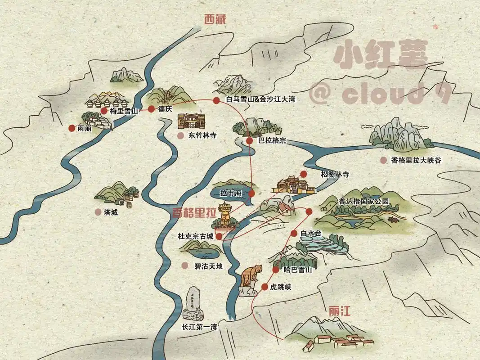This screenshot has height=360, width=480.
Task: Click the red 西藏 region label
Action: coord(214,19)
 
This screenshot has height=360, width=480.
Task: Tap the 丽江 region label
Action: coord(340,311)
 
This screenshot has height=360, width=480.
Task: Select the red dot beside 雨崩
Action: coord(72,128)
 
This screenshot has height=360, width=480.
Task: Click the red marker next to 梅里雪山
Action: coord(104,111)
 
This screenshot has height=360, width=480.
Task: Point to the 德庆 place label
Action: coord(165,109)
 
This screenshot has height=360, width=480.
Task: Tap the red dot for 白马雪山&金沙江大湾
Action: coord(216,100)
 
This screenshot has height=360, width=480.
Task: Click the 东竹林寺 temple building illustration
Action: coord(191,121)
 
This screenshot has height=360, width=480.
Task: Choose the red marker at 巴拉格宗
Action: coord(250,141)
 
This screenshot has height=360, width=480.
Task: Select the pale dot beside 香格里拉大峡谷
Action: coord(383,160)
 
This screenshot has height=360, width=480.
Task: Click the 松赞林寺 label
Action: coord(335,174)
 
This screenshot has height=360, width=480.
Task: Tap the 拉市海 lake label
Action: coord(231,193)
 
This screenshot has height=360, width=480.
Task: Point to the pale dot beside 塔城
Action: coord(98,212)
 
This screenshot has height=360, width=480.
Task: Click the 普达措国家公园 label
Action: coord(363,201)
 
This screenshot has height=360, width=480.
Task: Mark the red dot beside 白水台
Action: coord(294,233)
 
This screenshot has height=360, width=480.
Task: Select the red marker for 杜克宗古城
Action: coord(219,236)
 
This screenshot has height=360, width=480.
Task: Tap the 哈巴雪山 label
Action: coord(298,270)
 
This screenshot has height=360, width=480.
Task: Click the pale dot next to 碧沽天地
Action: coord(184,266)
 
